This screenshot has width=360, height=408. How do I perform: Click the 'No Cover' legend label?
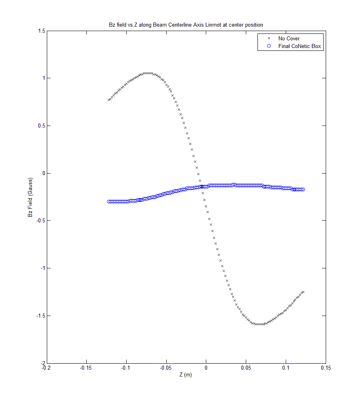click(289, 39)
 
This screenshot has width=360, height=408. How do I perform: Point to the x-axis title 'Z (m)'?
click(186, 375)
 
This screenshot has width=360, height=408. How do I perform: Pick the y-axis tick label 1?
click(42, 78)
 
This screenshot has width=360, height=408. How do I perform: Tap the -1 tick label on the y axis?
click(42, 268)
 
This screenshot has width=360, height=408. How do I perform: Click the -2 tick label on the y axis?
click(42, 363)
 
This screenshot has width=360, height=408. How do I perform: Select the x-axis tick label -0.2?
click(46, 368)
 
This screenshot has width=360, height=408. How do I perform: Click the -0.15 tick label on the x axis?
click(86, 368)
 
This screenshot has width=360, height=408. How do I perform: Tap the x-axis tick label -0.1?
click(126, 368)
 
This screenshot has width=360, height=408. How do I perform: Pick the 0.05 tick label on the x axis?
click(246, 368)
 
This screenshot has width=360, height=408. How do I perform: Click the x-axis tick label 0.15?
click(326, 368)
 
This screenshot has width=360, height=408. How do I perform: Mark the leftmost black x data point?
click(109, 100)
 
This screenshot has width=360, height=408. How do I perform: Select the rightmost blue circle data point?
click(303, 190)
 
